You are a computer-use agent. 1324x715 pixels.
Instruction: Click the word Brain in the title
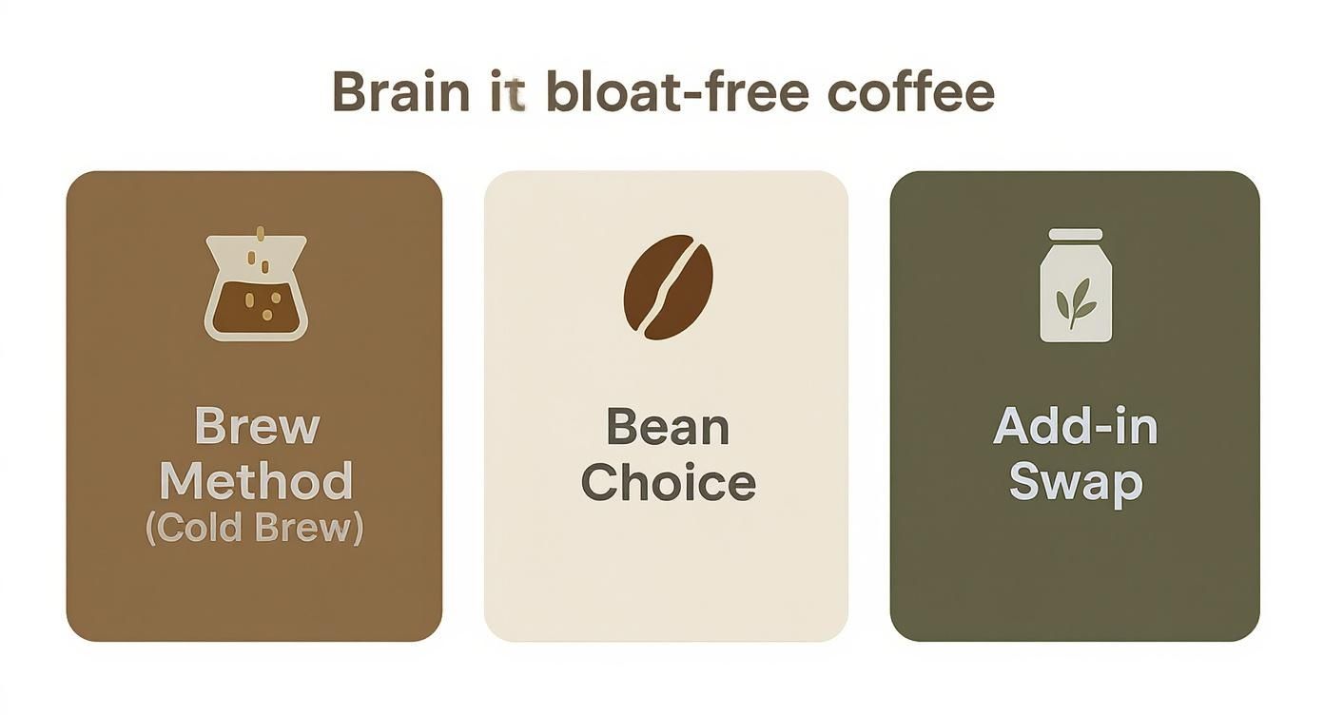pos(399,91)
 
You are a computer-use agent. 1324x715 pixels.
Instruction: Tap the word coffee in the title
pos(910,91)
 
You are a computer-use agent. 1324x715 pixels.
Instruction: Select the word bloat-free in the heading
pos(677,91)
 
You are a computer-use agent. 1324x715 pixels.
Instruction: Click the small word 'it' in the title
pos(508,92)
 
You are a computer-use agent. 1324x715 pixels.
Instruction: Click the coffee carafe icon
pos(256,286)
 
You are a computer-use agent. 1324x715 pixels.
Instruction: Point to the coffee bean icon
pos(668,286)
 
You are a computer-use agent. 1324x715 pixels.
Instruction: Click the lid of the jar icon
pos(1075,235)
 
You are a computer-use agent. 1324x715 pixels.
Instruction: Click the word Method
pos(256,481)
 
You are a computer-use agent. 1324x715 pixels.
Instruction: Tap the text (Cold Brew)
pos(254,530)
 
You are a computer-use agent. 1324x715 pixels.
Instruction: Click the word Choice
pos(668,483)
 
